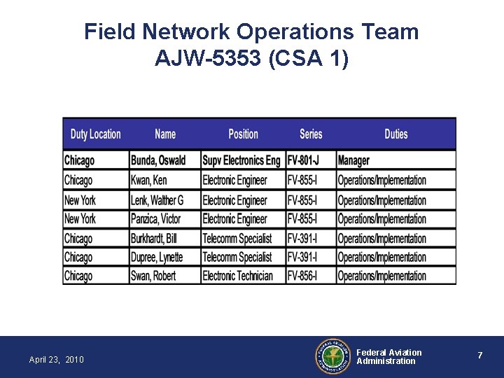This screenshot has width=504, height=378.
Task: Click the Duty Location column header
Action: click(95, 134)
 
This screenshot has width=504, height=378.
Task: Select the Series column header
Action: click(311, 134)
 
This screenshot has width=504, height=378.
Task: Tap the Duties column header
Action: click(395, 134)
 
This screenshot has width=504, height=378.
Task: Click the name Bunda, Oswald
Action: click(158, 160)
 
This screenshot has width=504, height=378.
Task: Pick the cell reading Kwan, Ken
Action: click(149, 180)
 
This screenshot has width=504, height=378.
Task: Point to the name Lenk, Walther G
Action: click(157, 200)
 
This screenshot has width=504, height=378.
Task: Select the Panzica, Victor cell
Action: click(155, 219)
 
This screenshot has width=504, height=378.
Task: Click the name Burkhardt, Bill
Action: click(154, 239)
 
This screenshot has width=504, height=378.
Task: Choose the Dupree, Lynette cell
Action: click(157, 258)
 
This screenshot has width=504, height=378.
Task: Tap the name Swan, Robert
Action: click(153, 276)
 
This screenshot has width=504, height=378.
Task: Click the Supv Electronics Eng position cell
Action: click(241, 160)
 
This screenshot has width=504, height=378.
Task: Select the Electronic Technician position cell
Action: click(237, 276)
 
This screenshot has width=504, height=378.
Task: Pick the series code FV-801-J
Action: click(303, 160)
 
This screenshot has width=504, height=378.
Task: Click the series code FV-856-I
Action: click(302, 276)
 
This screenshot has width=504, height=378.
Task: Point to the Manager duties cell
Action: click(353, 160)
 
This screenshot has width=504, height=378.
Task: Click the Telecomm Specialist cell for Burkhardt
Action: click(237, 239)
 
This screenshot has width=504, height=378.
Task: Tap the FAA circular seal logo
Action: click(332, 357)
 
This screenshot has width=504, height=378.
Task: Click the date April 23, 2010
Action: click(56, 360)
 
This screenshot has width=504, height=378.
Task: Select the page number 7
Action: click(479, 356)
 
